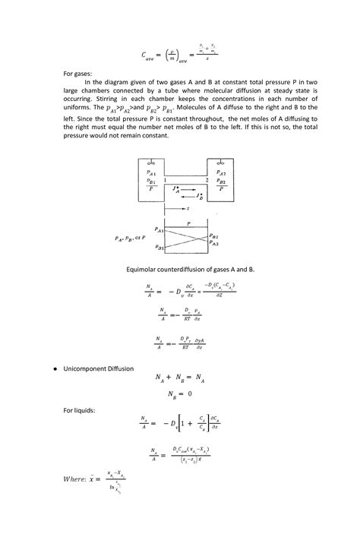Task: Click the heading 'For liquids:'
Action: (x=80, y=409)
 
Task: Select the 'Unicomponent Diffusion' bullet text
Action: (x=100, y=368)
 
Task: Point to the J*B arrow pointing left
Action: (x=190, y=194)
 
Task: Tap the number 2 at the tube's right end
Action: (x=206, y=179)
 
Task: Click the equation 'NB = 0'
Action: (x=180, y=394)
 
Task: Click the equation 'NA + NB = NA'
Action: (x=179, y=378)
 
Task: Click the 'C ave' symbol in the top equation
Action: (x=153, y=55)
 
